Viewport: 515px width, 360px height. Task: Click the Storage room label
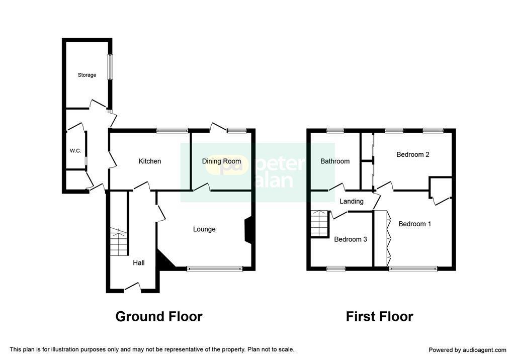pyautogui.click(x=87, y=75)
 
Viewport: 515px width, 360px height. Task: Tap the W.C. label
pyautogui.click(x=75, y=151)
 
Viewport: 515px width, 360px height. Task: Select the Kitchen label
pyautogui.click(x=150, y=161)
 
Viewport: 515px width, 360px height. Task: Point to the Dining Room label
pyautogui.click(x=221, y=161)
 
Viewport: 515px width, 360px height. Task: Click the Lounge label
pyautogui.click(x=204, y=229)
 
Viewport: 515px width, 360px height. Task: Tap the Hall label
pyautogui.click(x=139, y=263)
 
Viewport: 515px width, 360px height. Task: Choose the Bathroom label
pyautogui.click(x=335, y=161)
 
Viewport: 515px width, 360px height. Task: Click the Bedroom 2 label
pyautogui.click(x=413, y=154)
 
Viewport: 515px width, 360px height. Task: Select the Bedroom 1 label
pyautogui.click(x=415, y=224)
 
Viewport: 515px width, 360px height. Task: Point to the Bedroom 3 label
pyautogui.click(x=351, y=239)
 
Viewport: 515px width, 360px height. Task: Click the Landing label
pyautogui.click(x=352, y=201)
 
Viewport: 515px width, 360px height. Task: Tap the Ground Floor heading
pyautogui.click(x=159, y=316)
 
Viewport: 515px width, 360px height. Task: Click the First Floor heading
pyautogui.click(x=380, y=316)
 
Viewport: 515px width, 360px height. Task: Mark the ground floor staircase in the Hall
pyautogui.click(x=118, y=242)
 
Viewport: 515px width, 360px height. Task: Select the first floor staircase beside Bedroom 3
pyautogui.click(x=320, y=223)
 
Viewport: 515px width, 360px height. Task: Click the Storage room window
pyautogui.click(x=110, y=67)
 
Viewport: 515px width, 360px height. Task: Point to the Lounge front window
pyautogui.click(x=215, y=268)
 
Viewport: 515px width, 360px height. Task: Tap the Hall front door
pyautogui.click(x=132, y=287)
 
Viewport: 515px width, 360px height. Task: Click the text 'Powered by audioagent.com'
pyautogui.click(x=467, y=350)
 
